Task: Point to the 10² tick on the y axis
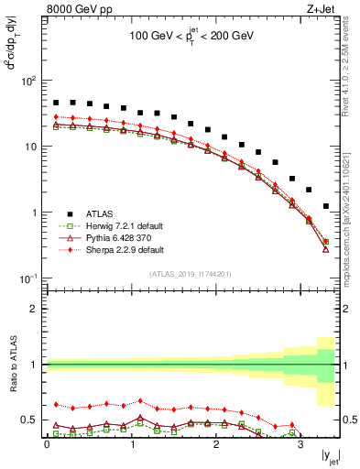29,82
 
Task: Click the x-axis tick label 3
300,446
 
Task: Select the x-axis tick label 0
47,446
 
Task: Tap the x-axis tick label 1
131,446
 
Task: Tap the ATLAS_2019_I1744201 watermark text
191,273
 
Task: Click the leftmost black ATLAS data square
56,104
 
